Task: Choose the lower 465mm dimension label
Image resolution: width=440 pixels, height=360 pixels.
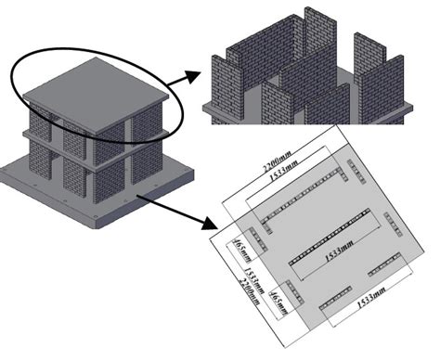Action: pos(275,302)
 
